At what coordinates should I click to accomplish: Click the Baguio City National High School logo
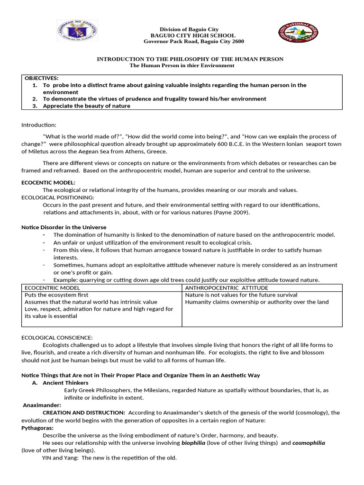point(298,35)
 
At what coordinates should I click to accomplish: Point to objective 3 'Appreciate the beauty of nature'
point(86,106)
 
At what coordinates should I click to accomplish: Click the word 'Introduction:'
point(39,125)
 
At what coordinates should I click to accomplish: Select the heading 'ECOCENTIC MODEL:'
point(48,182)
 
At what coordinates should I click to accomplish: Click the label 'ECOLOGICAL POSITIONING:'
point(58,197)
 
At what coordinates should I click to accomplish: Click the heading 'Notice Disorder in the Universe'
point(64,227)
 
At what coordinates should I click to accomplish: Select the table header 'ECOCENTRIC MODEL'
point(52,287)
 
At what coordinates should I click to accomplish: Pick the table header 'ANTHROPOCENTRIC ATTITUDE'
point(226,287)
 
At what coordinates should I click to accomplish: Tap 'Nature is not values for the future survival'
point(241,295)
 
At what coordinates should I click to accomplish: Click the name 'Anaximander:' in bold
point(42,405)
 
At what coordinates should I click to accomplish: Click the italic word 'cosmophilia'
point(309,443)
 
